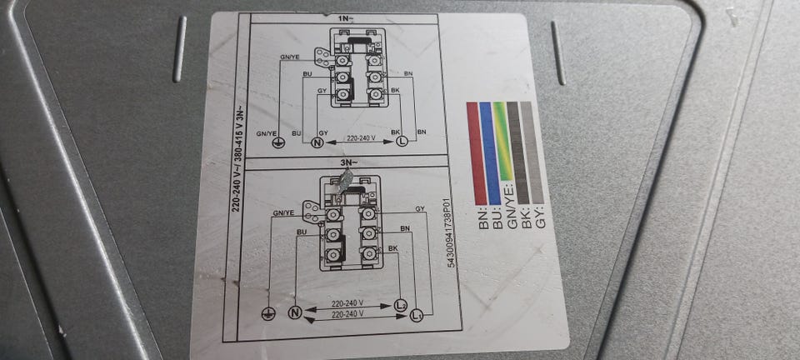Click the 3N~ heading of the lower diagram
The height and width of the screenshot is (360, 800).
[x=347, y=162]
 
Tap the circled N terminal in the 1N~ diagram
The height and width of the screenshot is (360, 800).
[x=317, y=143]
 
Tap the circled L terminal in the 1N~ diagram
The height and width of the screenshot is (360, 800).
[x=402, y=143]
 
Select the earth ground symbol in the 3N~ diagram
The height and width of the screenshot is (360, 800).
[x=268, y=313]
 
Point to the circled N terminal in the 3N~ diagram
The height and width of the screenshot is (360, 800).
[x=293, y=313]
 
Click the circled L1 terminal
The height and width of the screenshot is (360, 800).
[x=417, y=314]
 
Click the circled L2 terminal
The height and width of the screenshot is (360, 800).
[x=400, y=304]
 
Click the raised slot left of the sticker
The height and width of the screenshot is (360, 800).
[x=179, y=50]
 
